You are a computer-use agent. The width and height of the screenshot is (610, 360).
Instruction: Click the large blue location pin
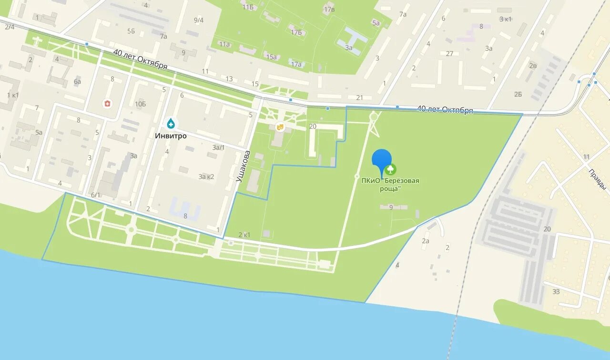[381, 160]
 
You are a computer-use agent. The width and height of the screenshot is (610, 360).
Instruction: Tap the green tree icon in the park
[390, 169]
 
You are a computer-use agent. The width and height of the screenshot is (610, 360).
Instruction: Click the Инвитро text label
[171, 136]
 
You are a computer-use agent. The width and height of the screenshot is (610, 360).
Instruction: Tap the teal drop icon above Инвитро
[171, 124]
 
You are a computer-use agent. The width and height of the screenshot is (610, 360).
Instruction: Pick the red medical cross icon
[108, 103]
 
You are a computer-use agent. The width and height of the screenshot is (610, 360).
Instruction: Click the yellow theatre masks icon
[280, 127]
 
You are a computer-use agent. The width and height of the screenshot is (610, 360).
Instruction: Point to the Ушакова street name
[243, 166]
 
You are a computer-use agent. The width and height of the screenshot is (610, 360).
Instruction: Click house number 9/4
[199, 20]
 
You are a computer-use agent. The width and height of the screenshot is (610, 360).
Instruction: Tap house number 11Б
[248, 7]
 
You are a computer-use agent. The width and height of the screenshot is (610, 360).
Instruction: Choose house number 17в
[329, 10]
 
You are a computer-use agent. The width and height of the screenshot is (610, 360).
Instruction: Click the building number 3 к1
[505, 19]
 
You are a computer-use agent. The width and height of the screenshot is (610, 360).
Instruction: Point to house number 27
[449, 54]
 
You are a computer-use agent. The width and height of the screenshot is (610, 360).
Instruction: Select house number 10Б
[140, 104]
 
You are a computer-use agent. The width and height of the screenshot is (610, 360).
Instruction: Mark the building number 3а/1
[218, 148]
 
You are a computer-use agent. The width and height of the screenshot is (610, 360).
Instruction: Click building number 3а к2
[206, 177]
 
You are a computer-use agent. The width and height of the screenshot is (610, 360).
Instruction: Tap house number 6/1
[95, 195]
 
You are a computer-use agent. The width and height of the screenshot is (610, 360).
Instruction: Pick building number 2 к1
[244, 235]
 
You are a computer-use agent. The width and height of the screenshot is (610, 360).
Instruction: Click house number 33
[556, 292]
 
